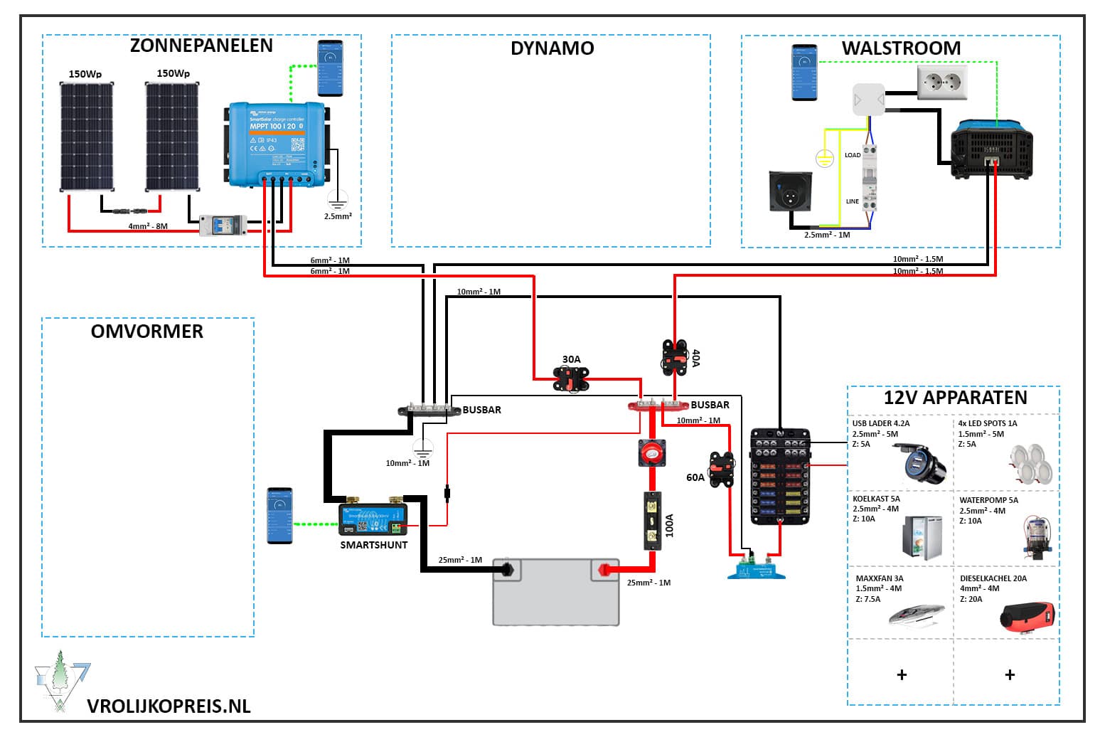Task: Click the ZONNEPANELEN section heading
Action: [201, 46]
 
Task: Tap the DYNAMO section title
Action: [552, 48]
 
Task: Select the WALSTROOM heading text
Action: [901, 48]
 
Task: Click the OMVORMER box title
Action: [147, 332]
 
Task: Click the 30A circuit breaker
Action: [571, 378]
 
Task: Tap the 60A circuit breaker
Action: [721, 470]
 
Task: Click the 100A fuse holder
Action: [653, 521]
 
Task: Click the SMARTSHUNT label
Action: [373, 545]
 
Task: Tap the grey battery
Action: [556, 592]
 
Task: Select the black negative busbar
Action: [429, 410]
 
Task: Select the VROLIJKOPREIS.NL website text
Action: [169, 706]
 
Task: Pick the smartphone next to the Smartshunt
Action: [279, 515]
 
